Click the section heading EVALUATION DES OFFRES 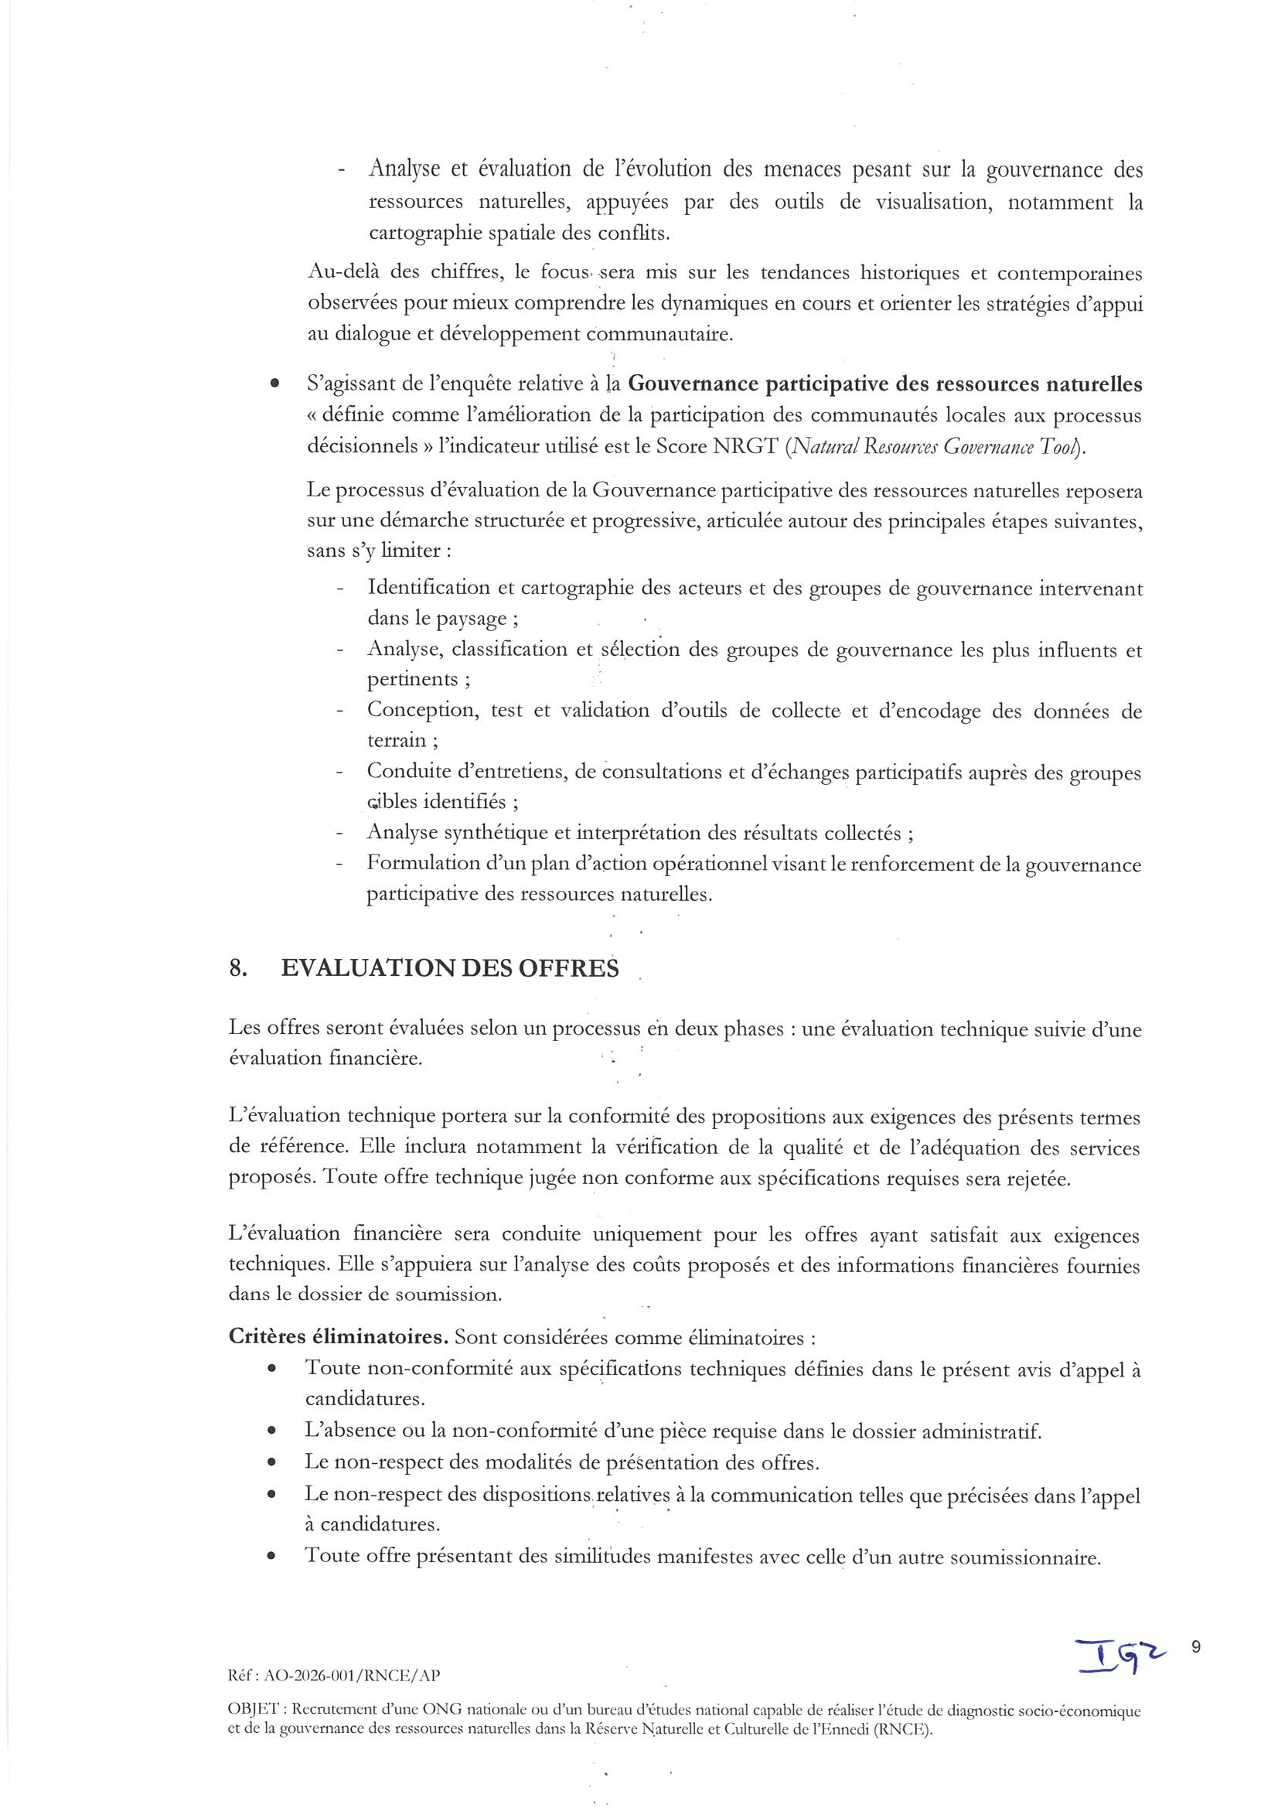tap(449, 968)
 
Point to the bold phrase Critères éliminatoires tap(339, 1338)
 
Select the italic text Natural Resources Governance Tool tap(935, 447)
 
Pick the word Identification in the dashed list tap(428, 588)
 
